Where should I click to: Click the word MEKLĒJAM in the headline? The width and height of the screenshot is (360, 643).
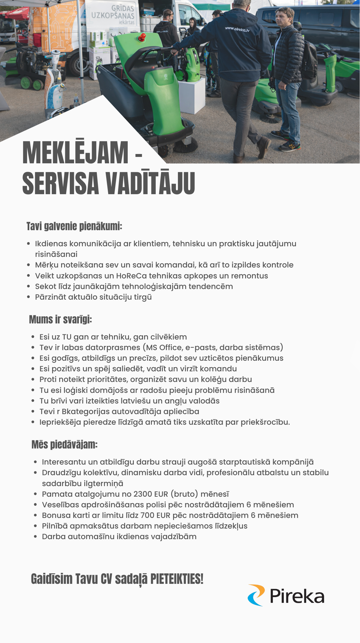pyautogui.click(x=75, y=153)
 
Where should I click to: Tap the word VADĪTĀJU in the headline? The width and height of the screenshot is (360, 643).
pyautogui.click(x=150, y=183)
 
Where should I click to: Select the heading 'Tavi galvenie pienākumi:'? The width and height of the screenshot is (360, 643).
pyautogui.click(x=74, y=226)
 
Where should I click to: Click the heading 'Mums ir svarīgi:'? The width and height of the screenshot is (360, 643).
pyautogui.click(x=60, y=320)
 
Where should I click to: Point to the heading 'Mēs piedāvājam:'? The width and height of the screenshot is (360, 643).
pyautogui.click(x=64, y=445)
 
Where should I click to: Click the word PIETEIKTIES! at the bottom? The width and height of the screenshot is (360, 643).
pyautogui.click(x=177, y=579)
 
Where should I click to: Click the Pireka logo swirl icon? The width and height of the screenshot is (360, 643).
pyautogui.click(x=256, y=595)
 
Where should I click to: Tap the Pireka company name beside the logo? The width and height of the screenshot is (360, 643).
pyautogui.click(x=297, y=596)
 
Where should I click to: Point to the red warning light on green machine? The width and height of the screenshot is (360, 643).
pyautogui.click(x=142, y=38)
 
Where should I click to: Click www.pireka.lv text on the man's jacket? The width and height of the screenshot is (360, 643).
pyautogui.click(x=237, y=29)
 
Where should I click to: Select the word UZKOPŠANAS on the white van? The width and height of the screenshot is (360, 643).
pyautogui.click(x=113, y=15)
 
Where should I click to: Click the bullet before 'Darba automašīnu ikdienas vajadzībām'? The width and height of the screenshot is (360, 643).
pyautogui.click(x=36, y=537)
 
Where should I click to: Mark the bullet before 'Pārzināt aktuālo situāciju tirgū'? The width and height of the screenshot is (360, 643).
pyautogui.click(x=29, y=297)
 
